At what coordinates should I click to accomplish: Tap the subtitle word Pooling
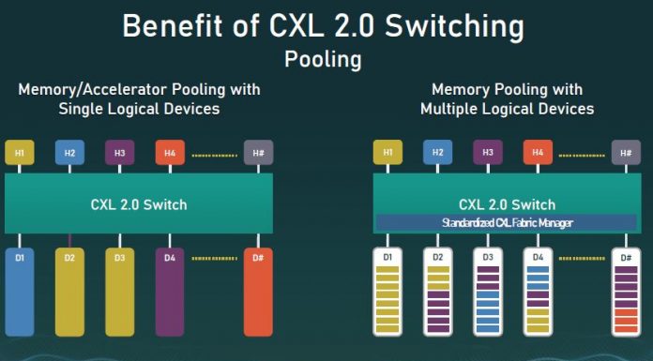(x=323, y=59)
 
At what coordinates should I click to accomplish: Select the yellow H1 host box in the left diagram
(x=20, y=152)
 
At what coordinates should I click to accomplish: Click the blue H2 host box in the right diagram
(x=437, y=151)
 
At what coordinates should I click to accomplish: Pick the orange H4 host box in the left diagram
(x=170, y=152)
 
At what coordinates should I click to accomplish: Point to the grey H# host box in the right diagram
(x=627, y=151)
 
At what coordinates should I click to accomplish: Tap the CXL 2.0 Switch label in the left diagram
(x=139, y=203)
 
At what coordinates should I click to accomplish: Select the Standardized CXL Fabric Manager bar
(x=507, y=222)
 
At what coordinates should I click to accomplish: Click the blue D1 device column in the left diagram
(x=20, y=291)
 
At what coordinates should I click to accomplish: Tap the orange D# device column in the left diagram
(x=258, y=291)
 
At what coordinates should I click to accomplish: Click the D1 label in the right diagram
(x=387, y=256)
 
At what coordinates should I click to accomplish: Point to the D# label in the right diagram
(x=626, y=256)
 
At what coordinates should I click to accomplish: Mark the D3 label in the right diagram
(x=488, y=256)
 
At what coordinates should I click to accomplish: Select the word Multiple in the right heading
(x=456, y=109)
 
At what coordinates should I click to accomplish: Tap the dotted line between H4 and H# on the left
(x=213, y=153)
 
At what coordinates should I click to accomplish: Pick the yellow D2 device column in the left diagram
(x=69, y=291)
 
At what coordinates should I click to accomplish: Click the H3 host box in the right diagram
(x=488, y=151)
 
